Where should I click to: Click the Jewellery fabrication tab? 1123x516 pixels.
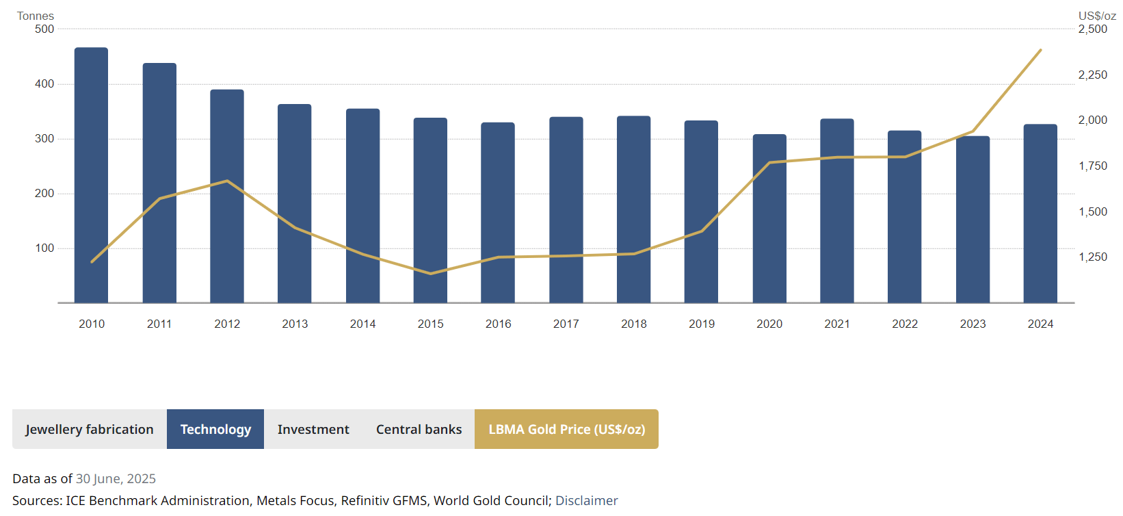pyautogui.click(x=90, y=429)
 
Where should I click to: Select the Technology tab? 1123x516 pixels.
pyautogui.click(x=215, y=429)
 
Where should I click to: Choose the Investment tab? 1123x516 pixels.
pyautogui.click(x=313, y=429)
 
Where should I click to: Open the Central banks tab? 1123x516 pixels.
pyautogui.click(x=419, y=429)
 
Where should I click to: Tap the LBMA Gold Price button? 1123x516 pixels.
pyautogui.click(x=566, y=429)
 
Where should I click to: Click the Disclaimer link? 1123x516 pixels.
pyautogui.click(x=586, y=500)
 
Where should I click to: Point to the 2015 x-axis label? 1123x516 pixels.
pyautogui.click(x=430, y=324)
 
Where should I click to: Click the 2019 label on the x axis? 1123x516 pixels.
pyautogui.click(x=702, y=324)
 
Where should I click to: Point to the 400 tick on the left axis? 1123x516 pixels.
pyautogui.click(x=44, y=83)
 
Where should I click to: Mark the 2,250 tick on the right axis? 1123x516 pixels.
pyautogui.click(x=1092, y=75)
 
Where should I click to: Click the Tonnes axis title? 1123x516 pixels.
pyautogui.click(x=36, y=16)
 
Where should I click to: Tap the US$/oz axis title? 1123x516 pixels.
pyautogui.click(x=1097, y=16)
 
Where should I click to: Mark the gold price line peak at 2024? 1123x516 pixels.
pyautogui.click(x=1040, y=50)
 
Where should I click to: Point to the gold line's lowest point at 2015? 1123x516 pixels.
pyautogui.click(x=430, y=274)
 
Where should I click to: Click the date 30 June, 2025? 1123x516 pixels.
pyautogui.click(x=116, y=478)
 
